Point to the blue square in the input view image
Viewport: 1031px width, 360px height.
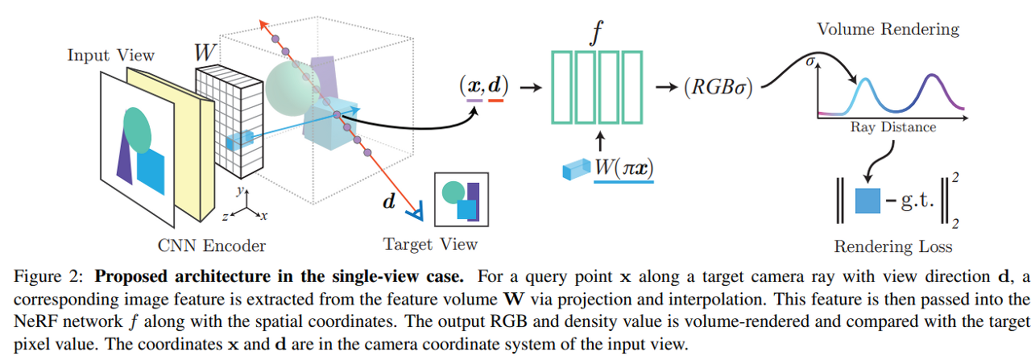pos(151,168)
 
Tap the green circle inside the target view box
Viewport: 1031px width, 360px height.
pos(453,192)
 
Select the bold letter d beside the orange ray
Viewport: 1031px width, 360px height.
pos(389,201)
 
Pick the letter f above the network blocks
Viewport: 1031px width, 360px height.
pos(597,34)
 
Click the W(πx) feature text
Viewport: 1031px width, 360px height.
pos(623,170)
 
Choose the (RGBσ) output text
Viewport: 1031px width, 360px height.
pos(715,87)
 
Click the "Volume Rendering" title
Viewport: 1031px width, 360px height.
pos(888,29)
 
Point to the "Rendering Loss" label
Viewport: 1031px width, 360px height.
pos(892,246)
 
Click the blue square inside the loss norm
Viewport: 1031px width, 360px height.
pos(867,200)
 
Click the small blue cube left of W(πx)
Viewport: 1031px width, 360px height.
pos(575,171)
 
